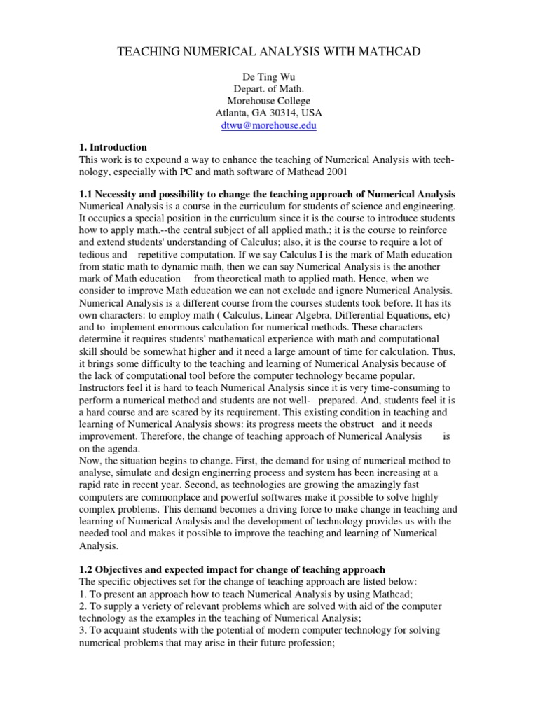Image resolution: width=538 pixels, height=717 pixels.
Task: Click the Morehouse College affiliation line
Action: coord(269,101)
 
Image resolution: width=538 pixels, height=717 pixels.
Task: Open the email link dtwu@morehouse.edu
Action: coord(269,125)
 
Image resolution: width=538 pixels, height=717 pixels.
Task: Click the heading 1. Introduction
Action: coord(113,147)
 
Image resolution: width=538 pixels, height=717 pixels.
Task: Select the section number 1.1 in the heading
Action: coord(86,193)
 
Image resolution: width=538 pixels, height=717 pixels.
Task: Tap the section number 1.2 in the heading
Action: coord(86,569)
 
